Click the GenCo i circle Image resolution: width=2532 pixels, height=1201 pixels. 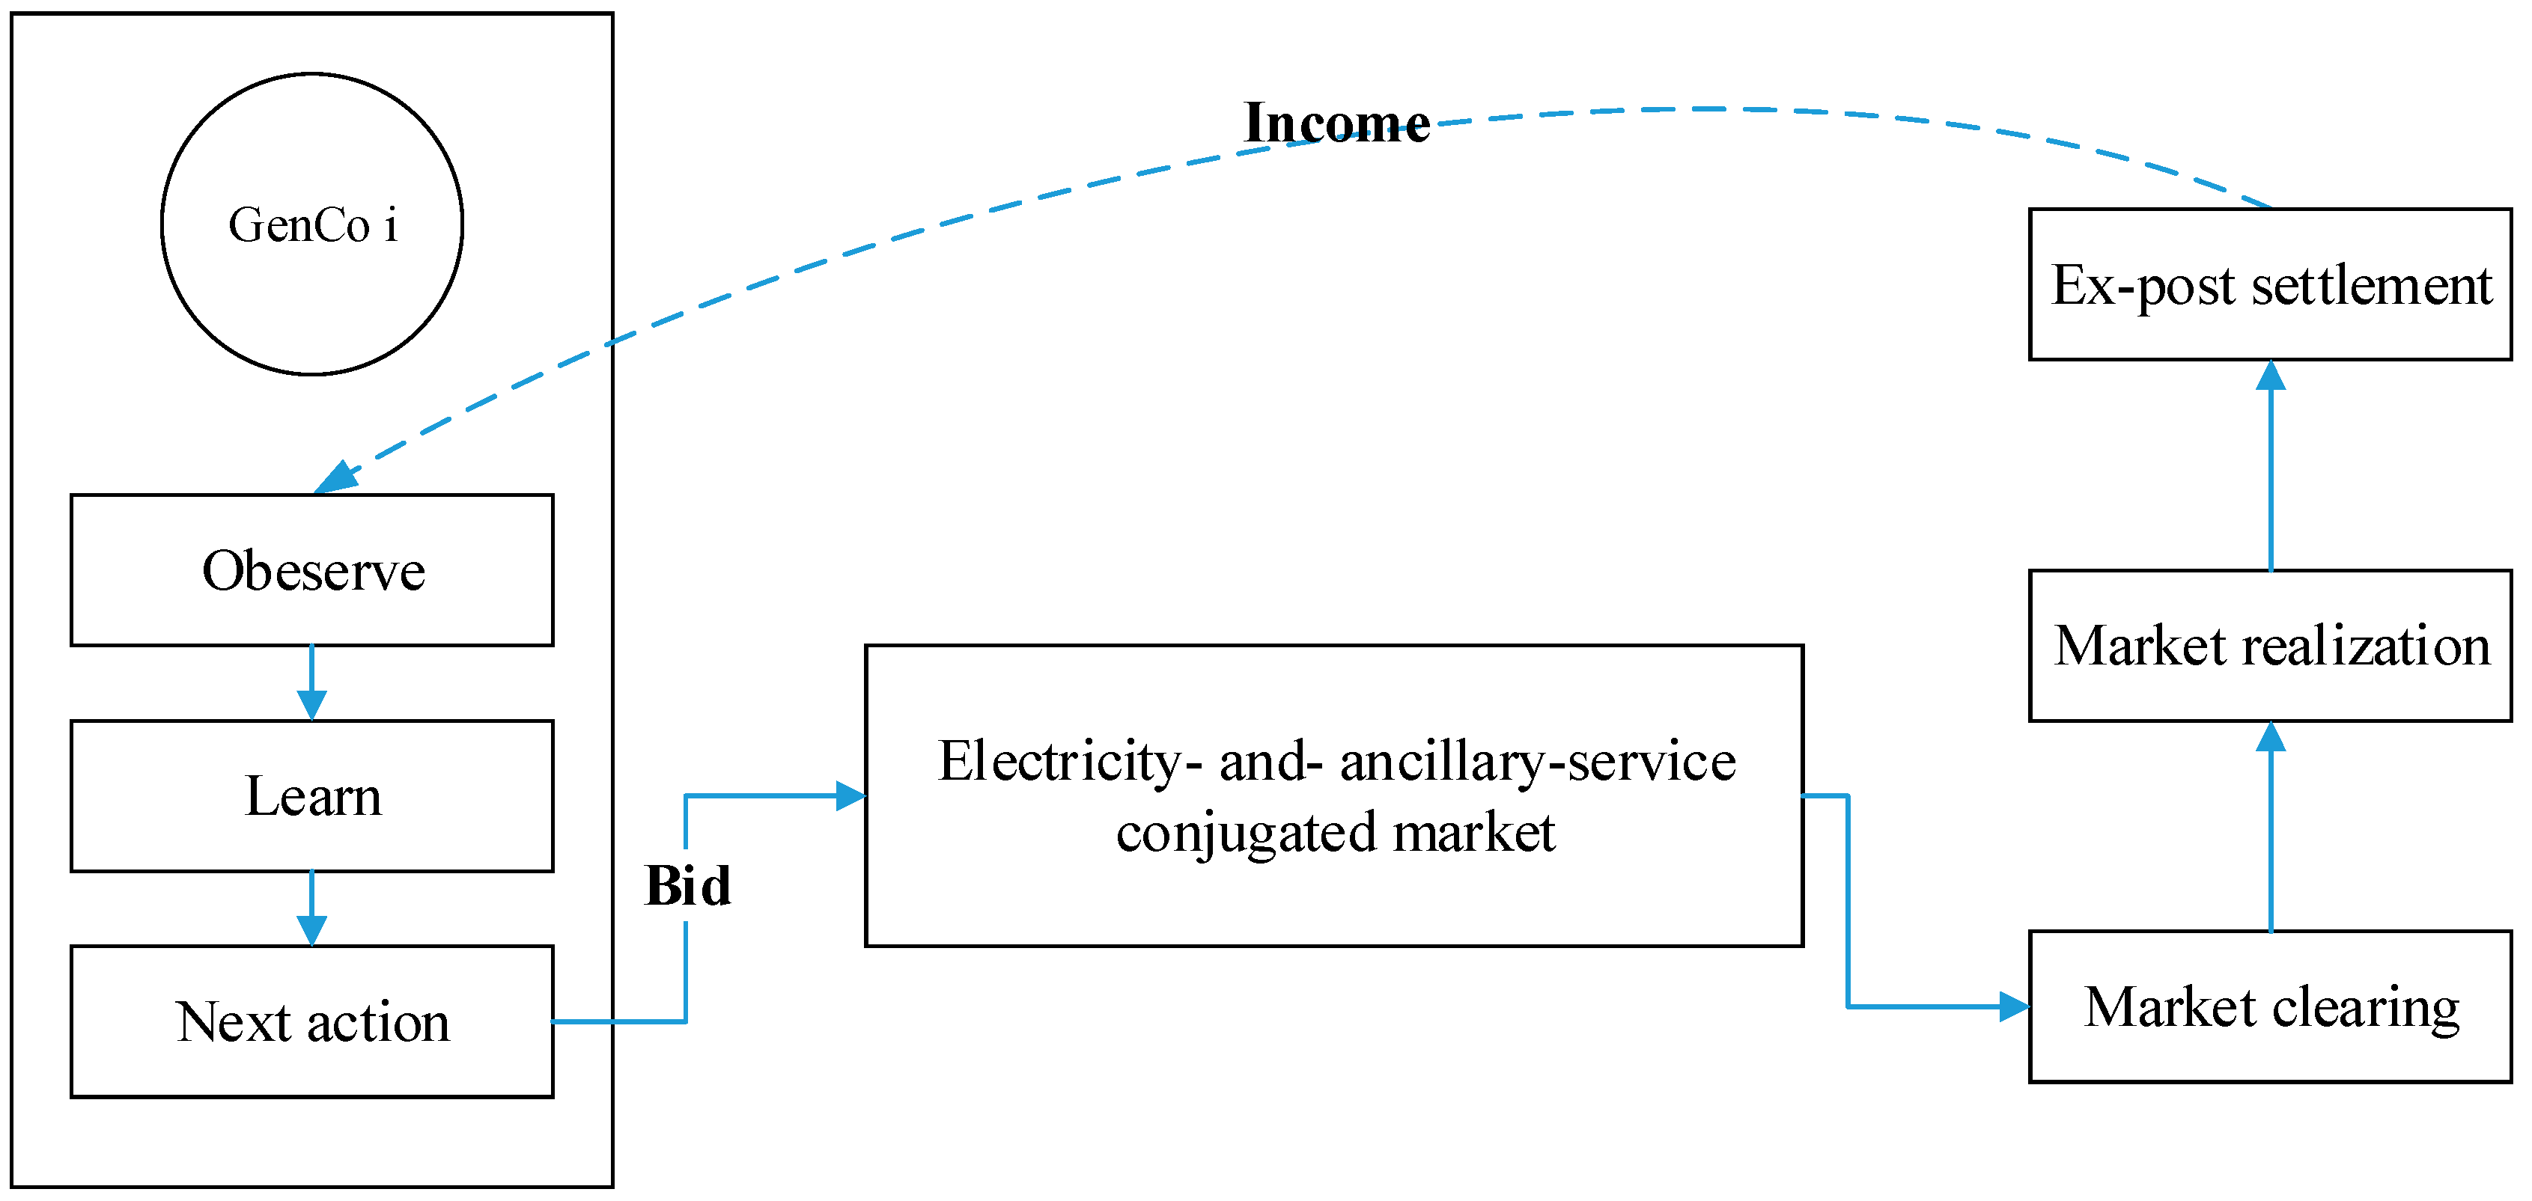(311, 224)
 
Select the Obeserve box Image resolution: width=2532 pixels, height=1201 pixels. (311, 570)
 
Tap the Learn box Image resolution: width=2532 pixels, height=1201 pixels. (311, 795)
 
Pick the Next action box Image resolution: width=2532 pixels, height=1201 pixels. (311, 1021)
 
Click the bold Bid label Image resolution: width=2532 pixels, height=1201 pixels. (687, 885)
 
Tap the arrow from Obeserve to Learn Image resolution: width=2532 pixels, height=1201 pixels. (311, 682)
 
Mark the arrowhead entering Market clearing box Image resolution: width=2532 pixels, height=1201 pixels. (2014, 1006)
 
